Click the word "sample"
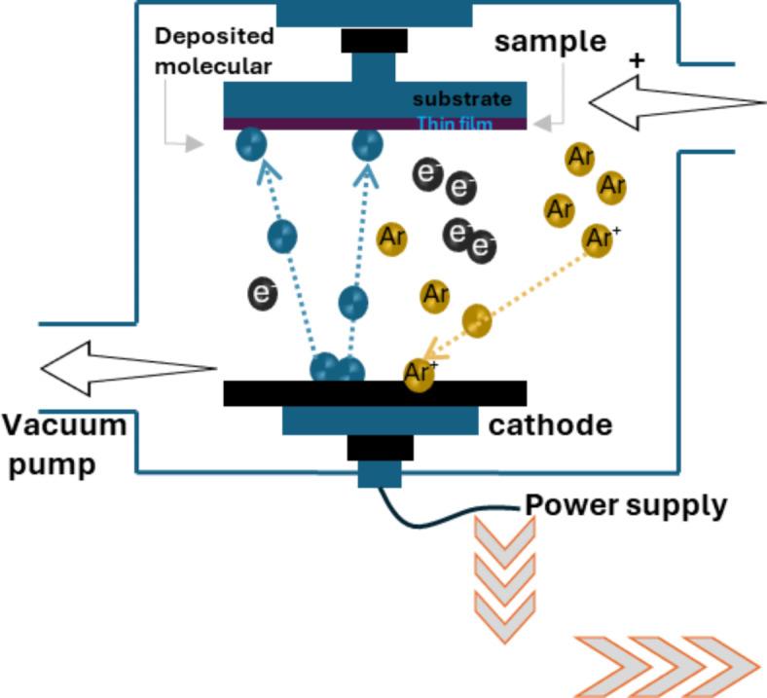click(x=550, y=42)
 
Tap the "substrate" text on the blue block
click(x=461, y=99)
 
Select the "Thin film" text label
click(x=455, y=124)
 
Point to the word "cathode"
click(x=551, y=425)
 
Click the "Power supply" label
click(x=626, y=505)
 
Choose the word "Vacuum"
click(x=64, y=426)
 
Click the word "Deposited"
click(x=214, y=37)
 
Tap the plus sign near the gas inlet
click(x=638, y=61)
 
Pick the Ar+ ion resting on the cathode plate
click(x=420, y=375)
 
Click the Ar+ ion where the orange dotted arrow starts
click(x=600, y=238)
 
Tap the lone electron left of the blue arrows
click(x=262, y=292)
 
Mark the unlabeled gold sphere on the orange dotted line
click(x=476, y=320)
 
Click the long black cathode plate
click(x=375, y=393)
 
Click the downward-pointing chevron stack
click(x=504, y=575)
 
